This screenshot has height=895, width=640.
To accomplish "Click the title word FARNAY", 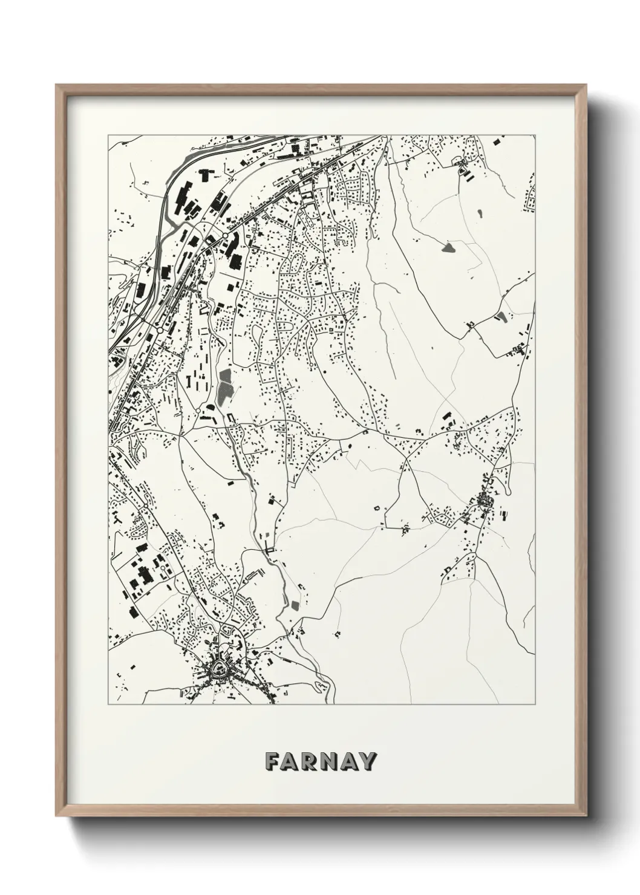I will click(x=321, y=761).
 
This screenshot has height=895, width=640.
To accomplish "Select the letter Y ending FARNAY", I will click(x=368, y=761).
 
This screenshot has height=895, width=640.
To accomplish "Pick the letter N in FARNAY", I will click(x=330, y=761).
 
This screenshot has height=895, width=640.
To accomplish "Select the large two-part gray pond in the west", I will click(x=225, y=387).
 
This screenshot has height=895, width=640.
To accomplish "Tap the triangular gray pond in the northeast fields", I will click(x=449, y=247).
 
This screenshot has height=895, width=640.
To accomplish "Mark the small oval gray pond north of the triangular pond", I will click(x=480, y=213).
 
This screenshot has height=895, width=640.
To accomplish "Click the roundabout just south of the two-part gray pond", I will click(x=198, y=411).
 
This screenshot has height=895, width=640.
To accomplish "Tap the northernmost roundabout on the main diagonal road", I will click(x=224, y=235).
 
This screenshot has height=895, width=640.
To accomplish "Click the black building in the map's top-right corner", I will click(x=497, y=142).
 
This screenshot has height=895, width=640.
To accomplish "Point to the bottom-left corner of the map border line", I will click(x=108, y=705).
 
